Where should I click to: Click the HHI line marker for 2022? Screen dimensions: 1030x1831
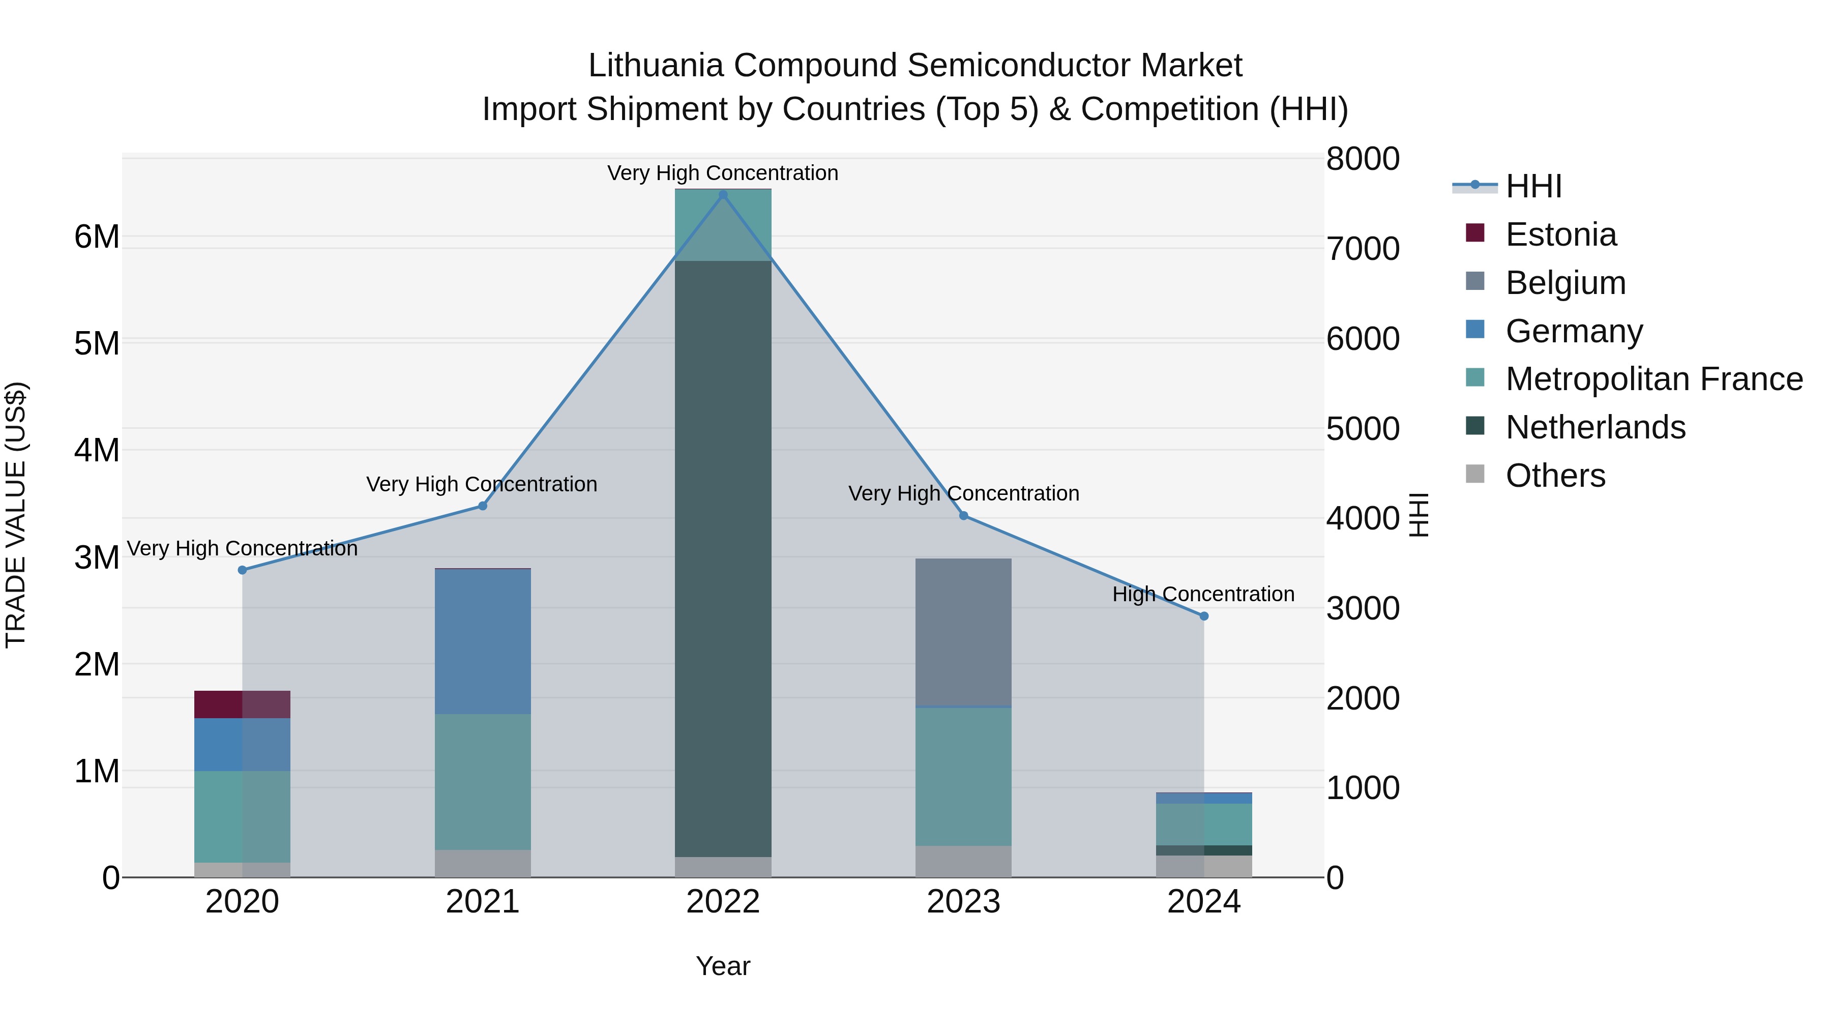[723, 195]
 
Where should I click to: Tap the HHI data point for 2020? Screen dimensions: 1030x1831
[243, 570]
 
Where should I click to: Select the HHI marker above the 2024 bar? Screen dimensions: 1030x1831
[1203, 616]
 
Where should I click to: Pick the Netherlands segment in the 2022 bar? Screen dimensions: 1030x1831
[723, 558]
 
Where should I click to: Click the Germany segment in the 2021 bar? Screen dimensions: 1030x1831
[483, 641]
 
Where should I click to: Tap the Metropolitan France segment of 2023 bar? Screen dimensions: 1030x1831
[963, 776]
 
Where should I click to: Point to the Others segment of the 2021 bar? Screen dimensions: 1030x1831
[483, 864]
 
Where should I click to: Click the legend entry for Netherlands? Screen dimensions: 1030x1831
[1595, 427]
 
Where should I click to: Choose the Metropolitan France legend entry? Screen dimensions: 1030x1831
[1653, 379]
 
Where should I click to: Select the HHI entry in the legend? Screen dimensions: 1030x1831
[1533, 186]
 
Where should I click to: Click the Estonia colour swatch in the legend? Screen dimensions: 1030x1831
[1475, 233]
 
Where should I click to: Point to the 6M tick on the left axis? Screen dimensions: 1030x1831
[97, 237]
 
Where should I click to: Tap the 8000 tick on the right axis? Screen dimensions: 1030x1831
[1363, 159]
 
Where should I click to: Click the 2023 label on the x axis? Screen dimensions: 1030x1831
[963, 902]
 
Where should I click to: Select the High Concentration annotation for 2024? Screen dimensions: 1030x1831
[1203, 594]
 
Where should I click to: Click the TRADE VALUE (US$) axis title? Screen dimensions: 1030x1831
[16, 515]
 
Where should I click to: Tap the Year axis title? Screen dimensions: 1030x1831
[723, 966]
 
